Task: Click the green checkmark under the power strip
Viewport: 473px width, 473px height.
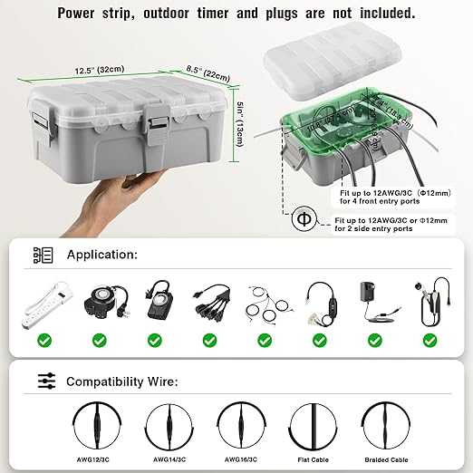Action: point(44,341)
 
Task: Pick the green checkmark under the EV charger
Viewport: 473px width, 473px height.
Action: point(427,341)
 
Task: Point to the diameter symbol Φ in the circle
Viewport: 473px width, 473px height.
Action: point(303,219)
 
